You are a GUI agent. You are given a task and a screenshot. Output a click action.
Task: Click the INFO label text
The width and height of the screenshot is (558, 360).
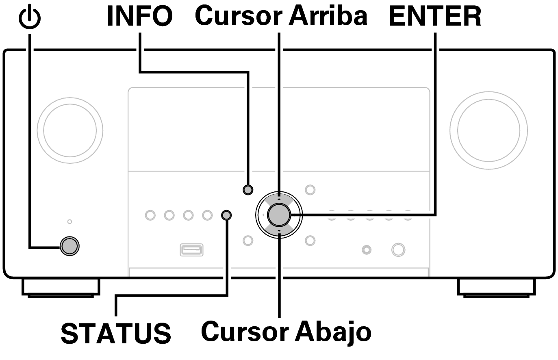point(139,16)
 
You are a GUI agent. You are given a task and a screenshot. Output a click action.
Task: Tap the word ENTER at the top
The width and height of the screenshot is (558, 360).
point(435,16)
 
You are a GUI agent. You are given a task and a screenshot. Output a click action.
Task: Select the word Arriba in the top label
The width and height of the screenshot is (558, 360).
point(328,16)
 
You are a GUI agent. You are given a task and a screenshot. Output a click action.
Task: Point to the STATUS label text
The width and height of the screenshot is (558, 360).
point(116,333)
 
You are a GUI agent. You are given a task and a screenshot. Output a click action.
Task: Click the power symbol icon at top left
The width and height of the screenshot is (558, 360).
point(30,18)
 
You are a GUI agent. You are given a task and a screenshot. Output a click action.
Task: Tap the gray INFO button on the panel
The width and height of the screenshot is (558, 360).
point(248,190)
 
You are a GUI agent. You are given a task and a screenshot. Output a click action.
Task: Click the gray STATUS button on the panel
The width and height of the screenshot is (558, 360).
point(226,215)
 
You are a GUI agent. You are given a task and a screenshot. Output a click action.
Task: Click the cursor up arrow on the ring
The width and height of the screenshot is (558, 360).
point(279,199)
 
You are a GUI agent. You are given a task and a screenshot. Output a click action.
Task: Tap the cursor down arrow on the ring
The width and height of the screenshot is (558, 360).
point(279,231)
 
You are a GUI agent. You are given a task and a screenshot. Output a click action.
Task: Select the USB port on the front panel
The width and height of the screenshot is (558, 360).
point(191,250)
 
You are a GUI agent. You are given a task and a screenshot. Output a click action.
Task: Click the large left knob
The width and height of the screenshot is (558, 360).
point(70,130)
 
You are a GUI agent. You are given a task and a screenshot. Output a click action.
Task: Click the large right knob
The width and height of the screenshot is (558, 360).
point(489,130)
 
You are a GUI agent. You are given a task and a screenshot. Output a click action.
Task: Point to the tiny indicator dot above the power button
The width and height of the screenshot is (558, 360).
point(70,221)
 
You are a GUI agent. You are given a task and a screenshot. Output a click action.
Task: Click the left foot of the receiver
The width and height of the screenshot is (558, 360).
point(61,288)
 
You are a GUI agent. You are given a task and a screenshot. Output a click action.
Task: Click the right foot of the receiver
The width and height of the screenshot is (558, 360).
point(496,288)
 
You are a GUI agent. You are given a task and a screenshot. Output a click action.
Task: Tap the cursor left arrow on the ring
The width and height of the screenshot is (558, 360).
point(263,215)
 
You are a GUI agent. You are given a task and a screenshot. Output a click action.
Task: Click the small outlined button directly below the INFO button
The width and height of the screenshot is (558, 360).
point(248,241)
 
